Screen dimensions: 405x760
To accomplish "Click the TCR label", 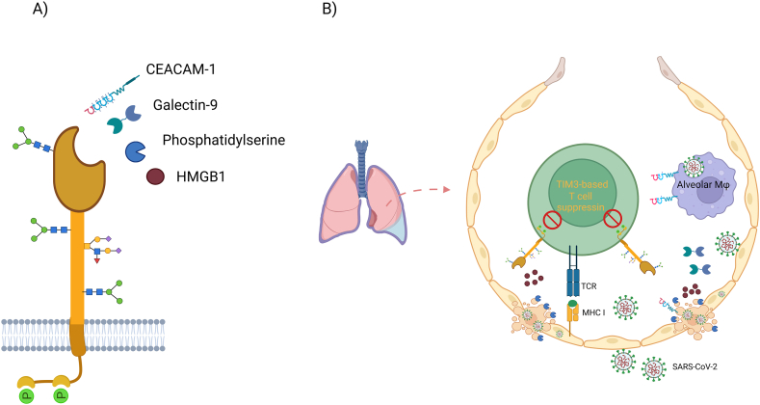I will [x=590, y=286].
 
